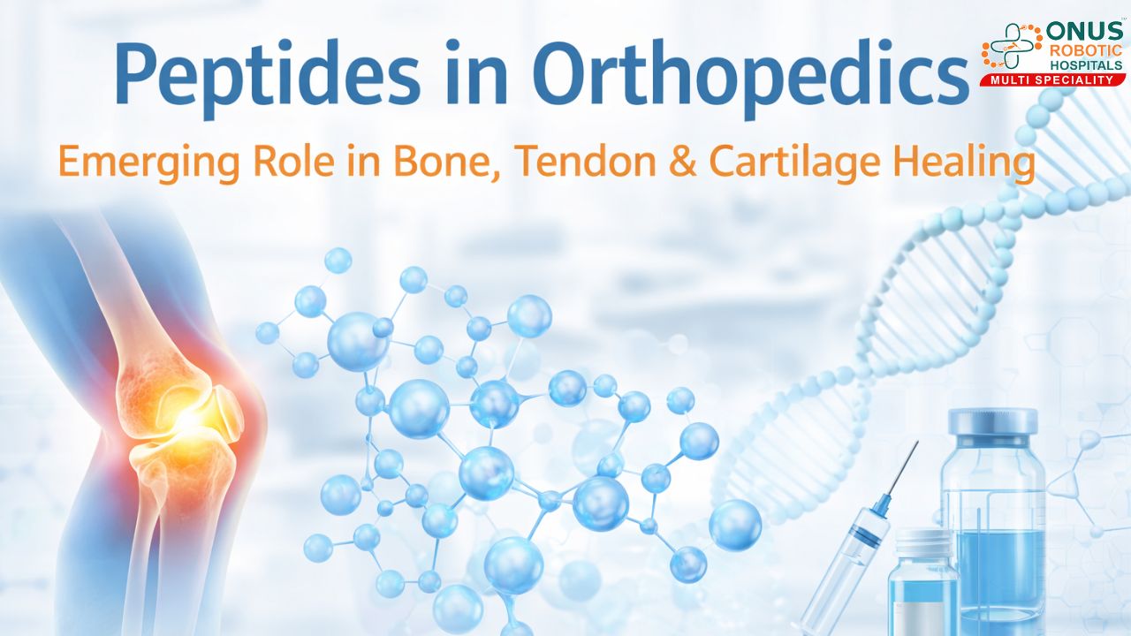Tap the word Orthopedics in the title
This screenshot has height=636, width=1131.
coord(749,74)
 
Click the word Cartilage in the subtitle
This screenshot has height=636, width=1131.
coord(801,163)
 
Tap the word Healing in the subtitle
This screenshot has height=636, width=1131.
coord(970,163)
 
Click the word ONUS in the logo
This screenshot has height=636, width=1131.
coord(1085,32)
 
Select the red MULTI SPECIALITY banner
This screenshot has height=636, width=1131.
coord(1052,80)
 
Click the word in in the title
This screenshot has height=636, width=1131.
coord(477,74)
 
